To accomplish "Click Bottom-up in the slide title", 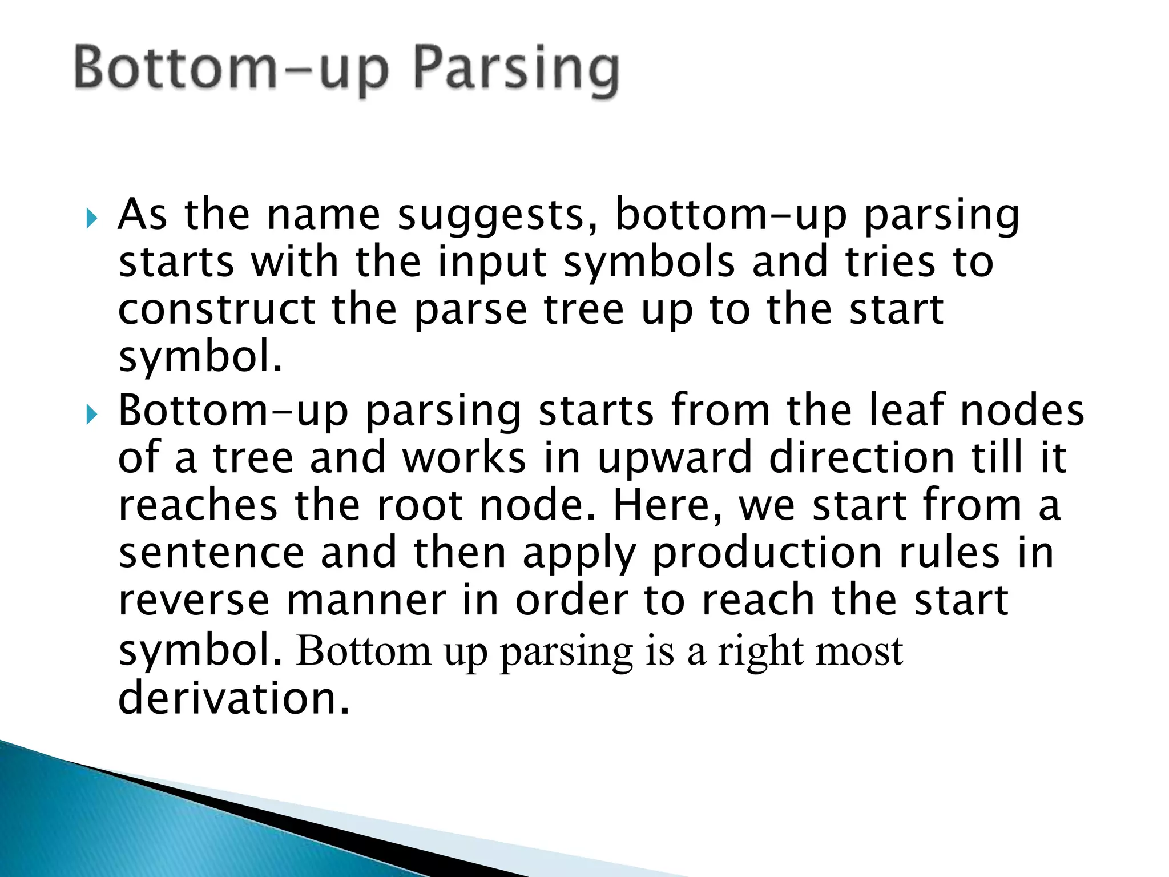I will coord(232,70).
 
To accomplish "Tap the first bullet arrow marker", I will coord(92,218).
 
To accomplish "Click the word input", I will coord(492,263).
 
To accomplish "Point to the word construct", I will coord(216,310).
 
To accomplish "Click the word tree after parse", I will coord(583,310).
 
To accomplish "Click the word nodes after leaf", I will coord(1022,411).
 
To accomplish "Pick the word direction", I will coord(862,458).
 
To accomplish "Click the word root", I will coord(420,506).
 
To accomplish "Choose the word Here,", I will coord(667,506).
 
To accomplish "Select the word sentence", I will coord(211,553).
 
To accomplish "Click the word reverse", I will coord(194,601).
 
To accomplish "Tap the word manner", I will coord(366,601).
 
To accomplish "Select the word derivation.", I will coord(233,698).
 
